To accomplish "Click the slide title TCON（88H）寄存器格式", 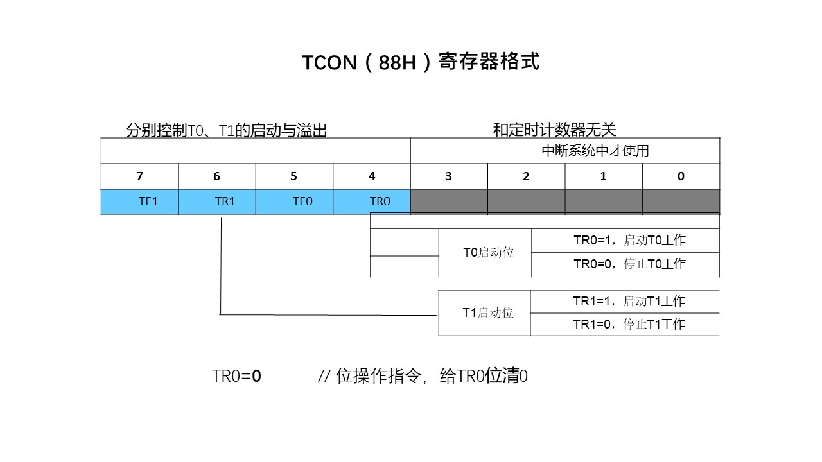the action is [421, 62].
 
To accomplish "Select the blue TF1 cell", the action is [148, 201].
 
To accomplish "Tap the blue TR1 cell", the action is [225, 201].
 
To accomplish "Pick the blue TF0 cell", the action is [302, 201].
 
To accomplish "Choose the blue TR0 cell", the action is [380, 201].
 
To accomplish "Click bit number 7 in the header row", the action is [139, 176].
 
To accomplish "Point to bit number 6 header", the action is [216, 176].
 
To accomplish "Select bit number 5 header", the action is [294, 176].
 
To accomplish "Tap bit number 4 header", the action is [372, 176].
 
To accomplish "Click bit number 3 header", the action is [448, 176].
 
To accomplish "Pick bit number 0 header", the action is [681, 176].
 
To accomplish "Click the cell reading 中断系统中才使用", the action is [595, 151].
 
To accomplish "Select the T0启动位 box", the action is [489, 253].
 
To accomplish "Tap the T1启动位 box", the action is [488, 313].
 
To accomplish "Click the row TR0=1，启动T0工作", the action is [629, 241].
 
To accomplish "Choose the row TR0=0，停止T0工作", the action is [629, 264].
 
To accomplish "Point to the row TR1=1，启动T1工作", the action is [629, 301].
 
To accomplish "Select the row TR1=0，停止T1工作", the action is [629, 324].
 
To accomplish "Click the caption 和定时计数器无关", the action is [554, 130].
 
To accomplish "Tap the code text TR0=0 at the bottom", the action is [236, 377].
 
